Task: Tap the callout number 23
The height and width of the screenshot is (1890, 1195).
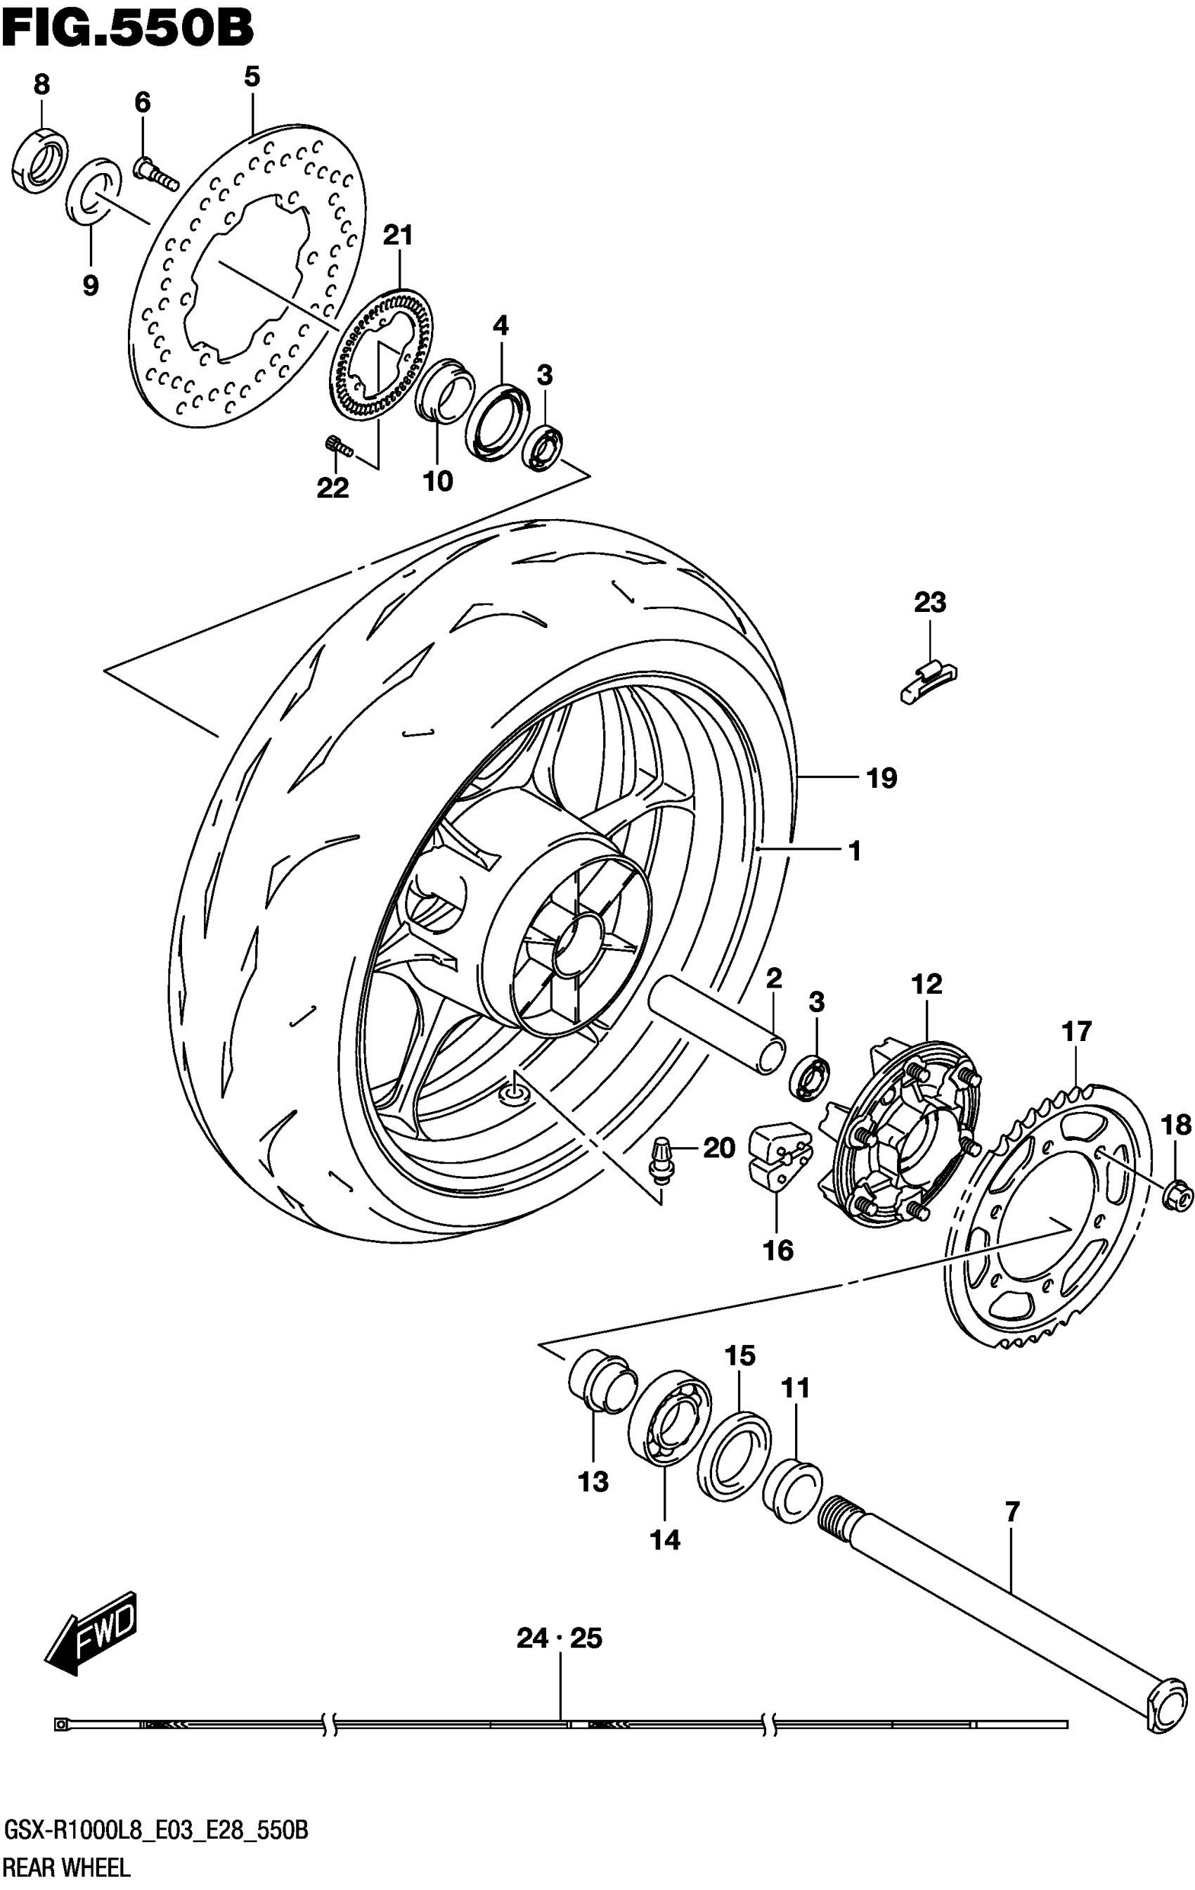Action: click(x=929, y=603)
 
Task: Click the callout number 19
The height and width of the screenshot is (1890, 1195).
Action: click(x=882, y=778)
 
